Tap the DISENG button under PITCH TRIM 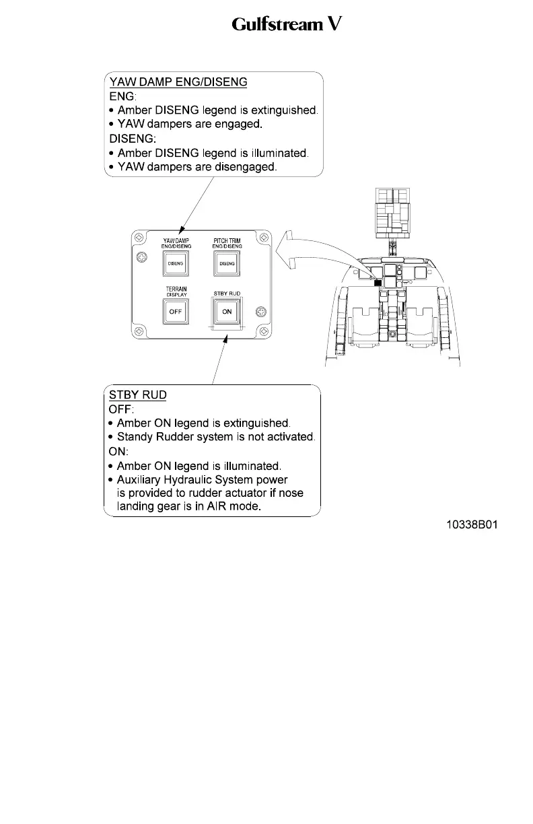pos(227,265)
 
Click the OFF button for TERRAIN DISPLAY pos(176,312)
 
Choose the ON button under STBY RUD pos(227,312)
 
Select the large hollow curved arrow pos(316,252)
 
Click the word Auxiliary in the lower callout pos(141,480)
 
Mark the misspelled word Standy pos(137,437)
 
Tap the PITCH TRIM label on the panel pos(227,240)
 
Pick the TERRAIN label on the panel pos(176,288)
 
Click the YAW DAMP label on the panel pos(176,240)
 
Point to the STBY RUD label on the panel pos(227,294)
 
